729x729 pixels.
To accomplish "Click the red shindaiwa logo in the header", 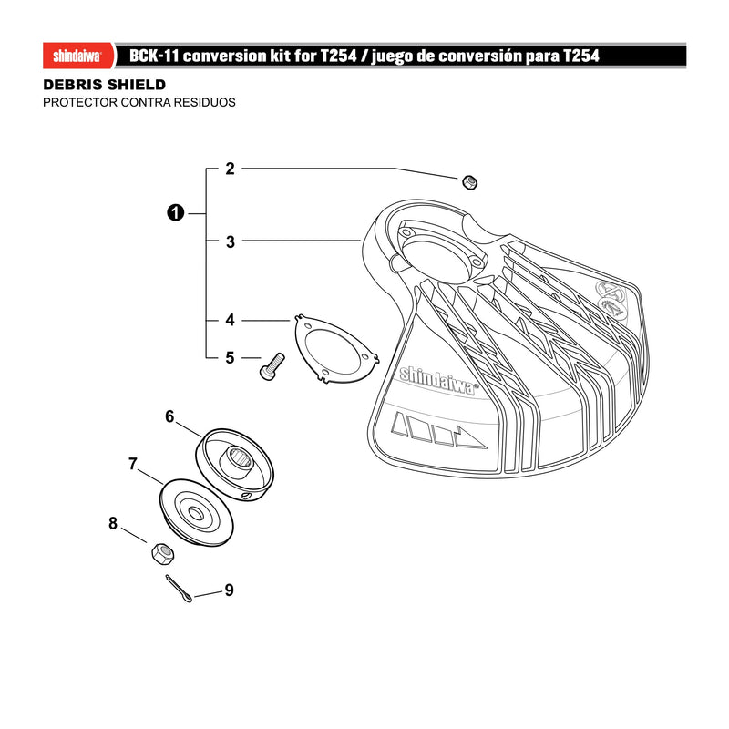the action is [78, 56].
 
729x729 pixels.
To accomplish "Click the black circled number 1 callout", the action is [175, 213].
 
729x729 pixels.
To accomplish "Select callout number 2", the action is [231, 169].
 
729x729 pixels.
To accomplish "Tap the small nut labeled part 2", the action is [470, 181].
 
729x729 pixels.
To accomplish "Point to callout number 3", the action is [231, 241].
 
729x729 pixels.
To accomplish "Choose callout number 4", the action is [231, 321].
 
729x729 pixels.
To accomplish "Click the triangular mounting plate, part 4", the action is [336, 348].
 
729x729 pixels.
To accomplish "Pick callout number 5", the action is [231, 358].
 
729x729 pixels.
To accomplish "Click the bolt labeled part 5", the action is [272, 367].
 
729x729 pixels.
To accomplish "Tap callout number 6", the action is [169, 416].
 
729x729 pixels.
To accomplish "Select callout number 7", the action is [133, 464].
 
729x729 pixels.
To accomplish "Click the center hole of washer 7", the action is [195, 513].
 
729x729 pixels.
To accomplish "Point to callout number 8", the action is [113, 523].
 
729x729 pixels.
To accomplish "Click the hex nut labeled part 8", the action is [163, 553].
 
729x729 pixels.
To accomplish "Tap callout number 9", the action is [229, 590].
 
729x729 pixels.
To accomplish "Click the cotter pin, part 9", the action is [179, 589].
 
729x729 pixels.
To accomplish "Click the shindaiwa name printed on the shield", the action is [439, 381].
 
